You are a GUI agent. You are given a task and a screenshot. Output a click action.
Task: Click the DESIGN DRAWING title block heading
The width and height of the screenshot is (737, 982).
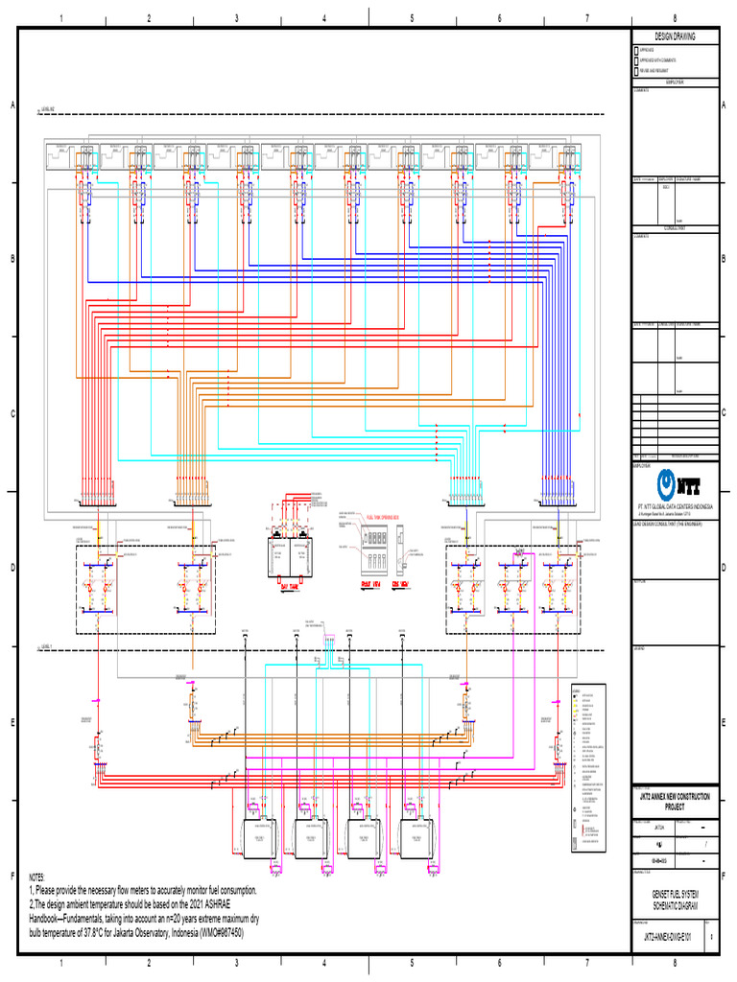tap(675, 35)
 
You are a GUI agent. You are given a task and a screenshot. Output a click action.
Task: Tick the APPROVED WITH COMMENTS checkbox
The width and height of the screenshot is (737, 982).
tap(635, 59)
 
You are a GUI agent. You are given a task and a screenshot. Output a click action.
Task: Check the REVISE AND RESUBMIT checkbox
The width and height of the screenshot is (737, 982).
tap(635, 70)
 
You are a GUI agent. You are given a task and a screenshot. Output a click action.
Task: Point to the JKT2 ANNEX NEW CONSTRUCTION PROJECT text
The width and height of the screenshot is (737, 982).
tap(675, 802)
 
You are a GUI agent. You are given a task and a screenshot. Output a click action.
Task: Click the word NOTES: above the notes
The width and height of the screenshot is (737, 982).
tap(37, 877)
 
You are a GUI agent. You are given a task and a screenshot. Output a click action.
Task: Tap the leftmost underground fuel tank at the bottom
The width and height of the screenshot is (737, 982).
tap(257, 838)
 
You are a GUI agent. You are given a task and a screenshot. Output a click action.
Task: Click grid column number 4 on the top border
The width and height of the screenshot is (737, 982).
tap(323, 18)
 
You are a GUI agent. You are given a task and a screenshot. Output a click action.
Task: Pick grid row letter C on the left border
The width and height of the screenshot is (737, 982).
tap(12, 413)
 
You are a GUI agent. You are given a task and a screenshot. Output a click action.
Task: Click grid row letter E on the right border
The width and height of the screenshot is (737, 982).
tap(725, 722)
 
